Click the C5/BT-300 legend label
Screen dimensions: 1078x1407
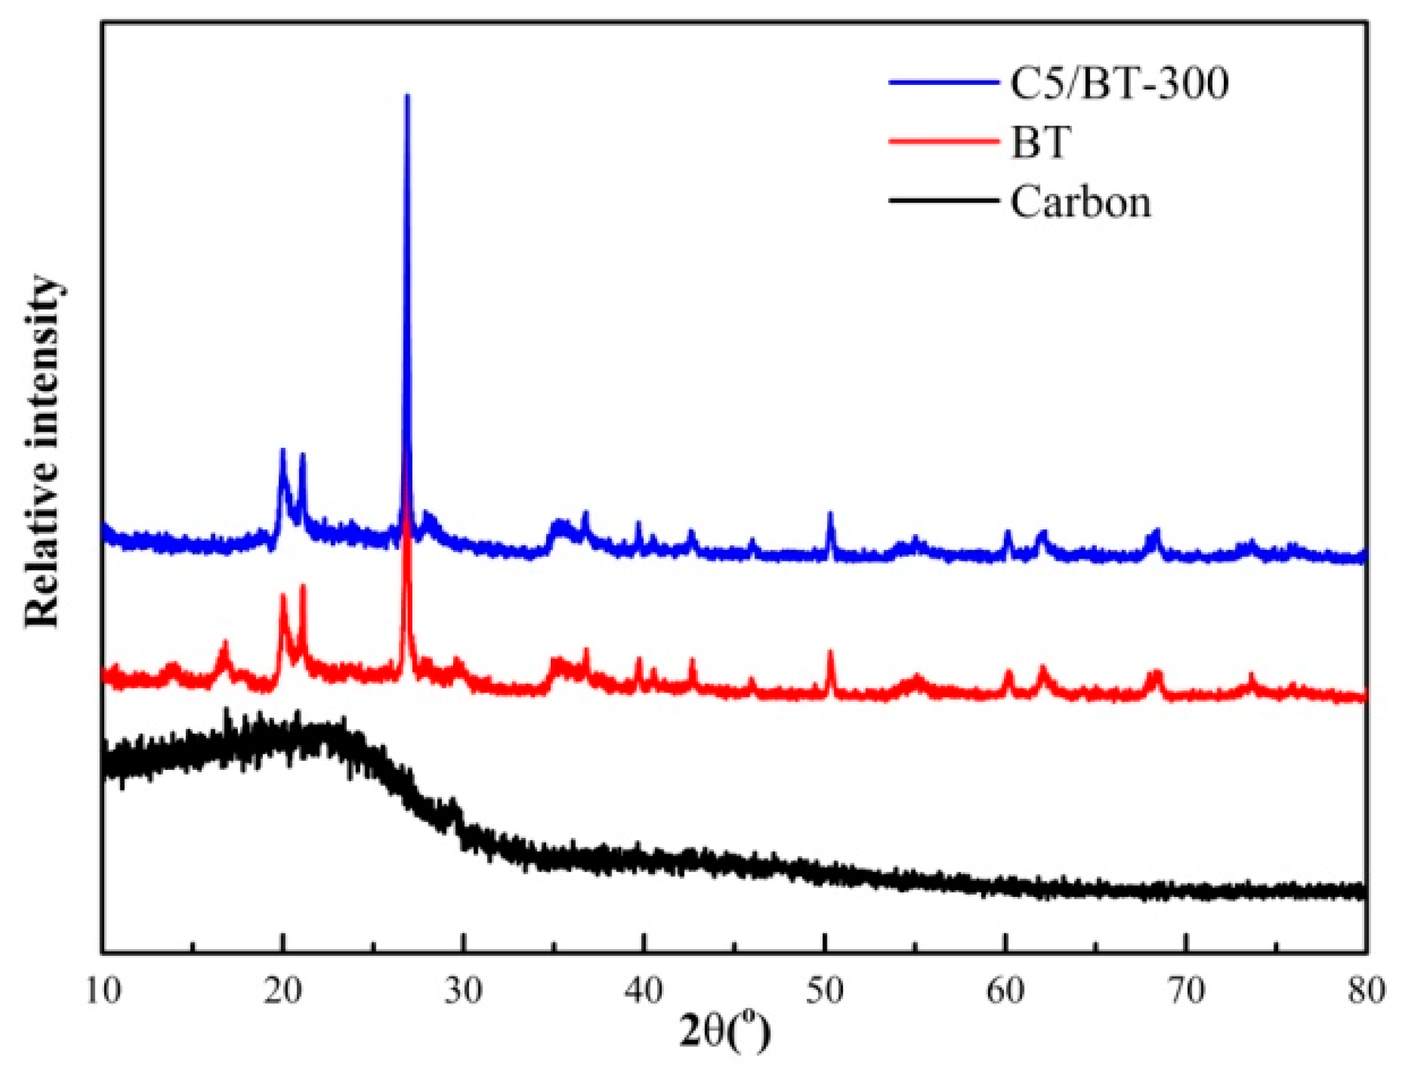[1118, 84]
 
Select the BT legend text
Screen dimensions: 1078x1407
[1041, 142]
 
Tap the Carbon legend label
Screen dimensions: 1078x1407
[1080, 201]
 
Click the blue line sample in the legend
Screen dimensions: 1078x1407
[943, 83]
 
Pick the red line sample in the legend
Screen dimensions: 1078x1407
[943, 140]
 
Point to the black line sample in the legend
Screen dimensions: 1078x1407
[943, 200]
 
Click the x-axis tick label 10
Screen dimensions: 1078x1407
[104, 990]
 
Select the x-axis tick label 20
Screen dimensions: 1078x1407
[283, 990]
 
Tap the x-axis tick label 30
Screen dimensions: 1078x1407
[463, 990]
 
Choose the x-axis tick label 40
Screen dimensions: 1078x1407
[644, 990]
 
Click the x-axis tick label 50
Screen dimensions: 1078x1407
[825, 990]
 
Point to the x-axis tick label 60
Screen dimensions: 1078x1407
[1005, 990]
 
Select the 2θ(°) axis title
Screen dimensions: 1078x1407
[725, 1033]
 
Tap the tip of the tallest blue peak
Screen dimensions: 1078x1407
[407, 97]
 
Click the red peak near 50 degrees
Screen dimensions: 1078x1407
[830, 654]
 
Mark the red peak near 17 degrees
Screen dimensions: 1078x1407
[225, 644]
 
